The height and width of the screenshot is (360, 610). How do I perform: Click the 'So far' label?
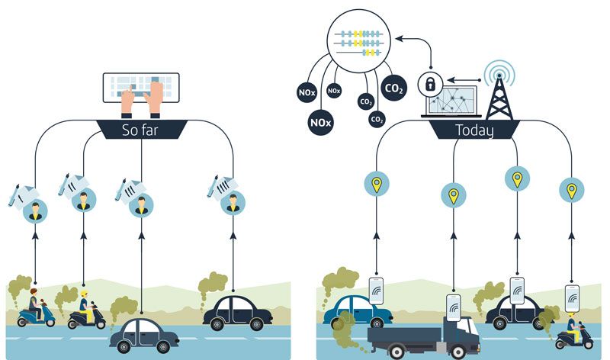(142, 130)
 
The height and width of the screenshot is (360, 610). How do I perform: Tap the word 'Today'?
(474, 130)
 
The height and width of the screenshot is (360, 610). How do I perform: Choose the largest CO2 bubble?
(393, 89)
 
